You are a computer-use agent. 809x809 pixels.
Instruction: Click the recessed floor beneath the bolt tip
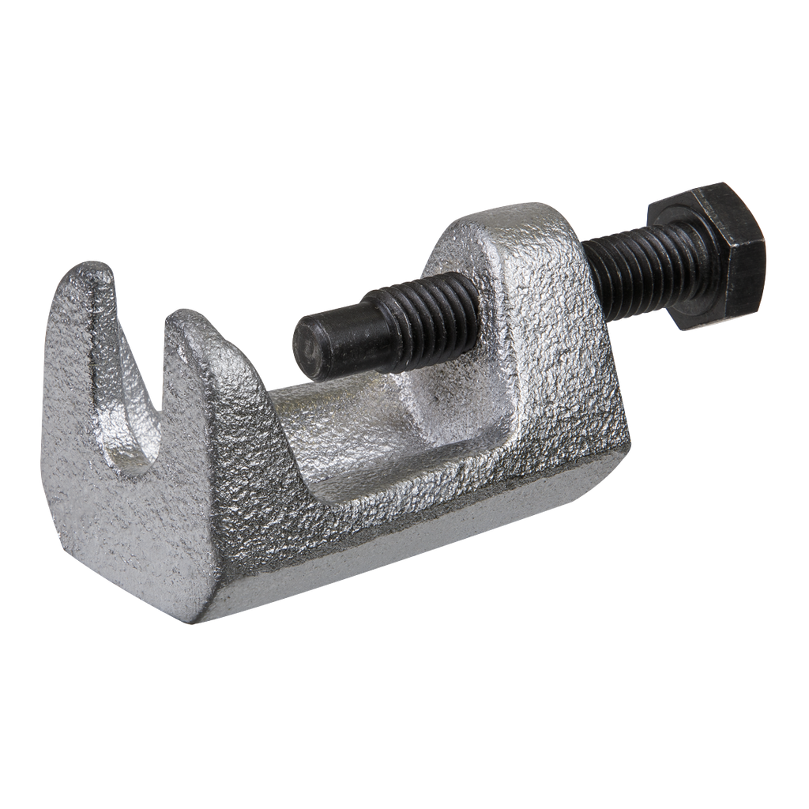point(356,442)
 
